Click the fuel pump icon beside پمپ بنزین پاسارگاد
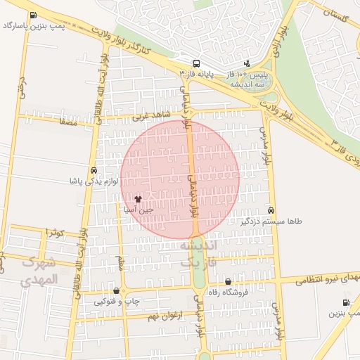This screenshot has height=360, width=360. tap(33, 15)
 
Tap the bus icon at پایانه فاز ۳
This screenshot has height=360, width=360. tap(195, 62)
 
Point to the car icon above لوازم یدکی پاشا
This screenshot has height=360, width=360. tap(94, 171)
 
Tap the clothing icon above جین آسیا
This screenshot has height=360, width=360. tap(147, 199)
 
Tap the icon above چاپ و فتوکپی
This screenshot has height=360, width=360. tap(116, 291)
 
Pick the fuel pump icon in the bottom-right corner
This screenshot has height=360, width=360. tap(345, 303)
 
